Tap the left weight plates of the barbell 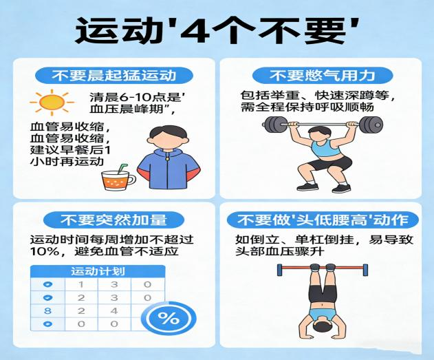(275, 125)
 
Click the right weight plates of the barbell (370, 125)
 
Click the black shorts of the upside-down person (321, 293)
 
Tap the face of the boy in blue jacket (166, 136)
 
